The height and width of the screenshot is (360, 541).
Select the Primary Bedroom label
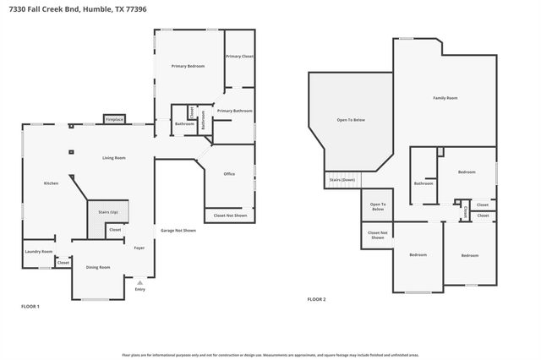coord(188,66)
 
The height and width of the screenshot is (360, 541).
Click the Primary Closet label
coord(239,56)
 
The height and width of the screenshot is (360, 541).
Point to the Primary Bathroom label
coord(234,111)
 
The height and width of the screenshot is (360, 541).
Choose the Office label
coord(229,174)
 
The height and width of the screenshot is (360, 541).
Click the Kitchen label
coord(51,183)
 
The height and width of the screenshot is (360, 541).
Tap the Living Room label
coord(114,158)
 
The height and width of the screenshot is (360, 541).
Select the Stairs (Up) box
coord(108,212)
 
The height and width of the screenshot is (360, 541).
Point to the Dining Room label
coord(98,267)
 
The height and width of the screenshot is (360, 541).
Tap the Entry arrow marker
coord(140,282)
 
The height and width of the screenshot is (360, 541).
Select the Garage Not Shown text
coord(178,231)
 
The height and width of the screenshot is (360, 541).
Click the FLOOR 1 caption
coord(30,305)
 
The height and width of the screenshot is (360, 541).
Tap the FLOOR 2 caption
coord(316,299)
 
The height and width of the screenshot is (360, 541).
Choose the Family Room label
coord(445,99)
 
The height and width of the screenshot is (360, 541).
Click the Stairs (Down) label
coord(342,180)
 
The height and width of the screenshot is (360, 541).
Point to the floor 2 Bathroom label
coord(424,183)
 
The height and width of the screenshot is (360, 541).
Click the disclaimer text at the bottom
coord(270,356)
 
